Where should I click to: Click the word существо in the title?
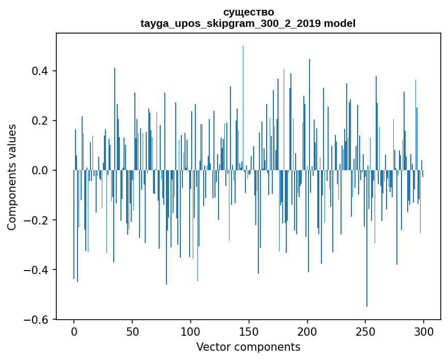point(249,12)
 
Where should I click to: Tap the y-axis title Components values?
point(12,177)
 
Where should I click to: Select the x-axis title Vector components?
point(248,347)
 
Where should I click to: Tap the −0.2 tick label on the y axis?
point(38,220)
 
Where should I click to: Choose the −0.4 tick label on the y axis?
point(38,270)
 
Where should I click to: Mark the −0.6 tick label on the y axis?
point(38,320)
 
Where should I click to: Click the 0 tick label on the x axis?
point(74,332)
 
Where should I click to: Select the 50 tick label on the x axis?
point(132,332)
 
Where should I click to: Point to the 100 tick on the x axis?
point(191,332)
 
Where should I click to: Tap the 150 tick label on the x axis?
point(249,332)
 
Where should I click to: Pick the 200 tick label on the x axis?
point(307,332)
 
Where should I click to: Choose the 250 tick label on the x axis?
point(366,332)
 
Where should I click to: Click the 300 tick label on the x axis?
point(424,332)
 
